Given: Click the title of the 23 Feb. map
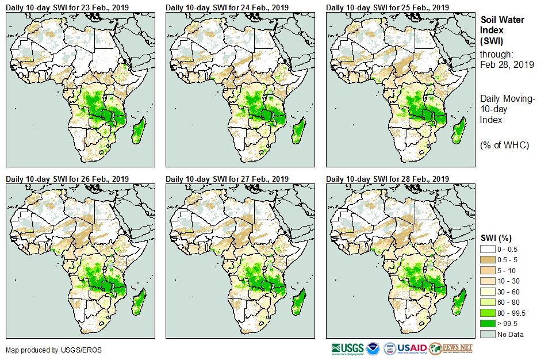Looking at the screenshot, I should tap(67, 7).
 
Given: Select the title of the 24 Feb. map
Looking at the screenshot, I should tap(227, 7).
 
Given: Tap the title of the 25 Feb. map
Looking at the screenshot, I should tap(388, 7).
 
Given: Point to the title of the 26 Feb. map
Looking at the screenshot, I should tap(67, 179).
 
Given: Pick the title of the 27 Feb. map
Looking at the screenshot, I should tap(227, 179).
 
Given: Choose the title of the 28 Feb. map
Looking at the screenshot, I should tap(388, 179).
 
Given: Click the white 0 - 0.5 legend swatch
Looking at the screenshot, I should tap(488, 248).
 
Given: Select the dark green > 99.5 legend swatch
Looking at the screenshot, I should tap(488, 323).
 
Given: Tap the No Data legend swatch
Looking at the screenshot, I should tap(488, 334).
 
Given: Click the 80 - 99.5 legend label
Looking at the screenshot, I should tap(512, 313).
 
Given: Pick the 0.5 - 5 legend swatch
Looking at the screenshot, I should tap(488, 259).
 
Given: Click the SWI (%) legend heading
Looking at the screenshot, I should tap(496, 238).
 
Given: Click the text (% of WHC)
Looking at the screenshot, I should tap(504, 145).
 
